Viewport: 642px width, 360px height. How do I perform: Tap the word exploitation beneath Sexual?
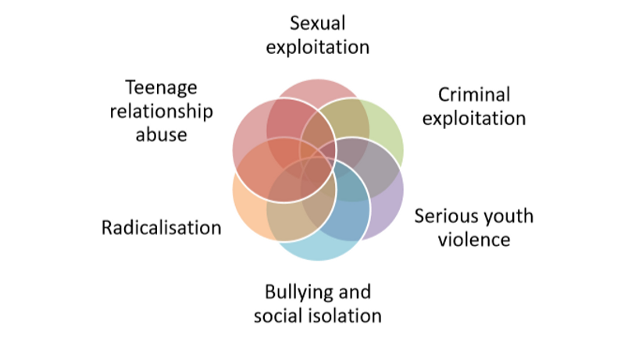click(x=318, y=46)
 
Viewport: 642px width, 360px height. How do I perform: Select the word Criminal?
click(x=474, y=95)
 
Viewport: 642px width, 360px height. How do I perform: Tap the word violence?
click(x=473, y=239)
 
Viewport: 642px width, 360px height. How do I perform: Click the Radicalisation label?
click(x=162, y=228)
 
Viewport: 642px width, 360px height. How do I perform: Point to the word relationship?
click(x=162, y=110)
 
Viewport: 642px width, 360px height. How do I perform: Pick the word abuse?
click(x=162, y=134)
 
